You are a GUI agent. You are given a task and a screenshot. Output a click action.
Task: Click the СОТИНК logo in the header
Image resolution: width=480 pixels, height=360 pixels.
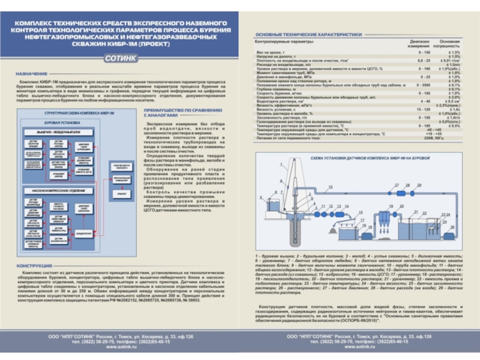pos(121,58)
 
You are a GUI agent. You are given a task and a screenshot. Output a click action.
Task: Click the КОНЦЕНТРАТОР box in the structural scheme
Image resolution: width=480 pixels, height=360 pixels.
pos(84,233)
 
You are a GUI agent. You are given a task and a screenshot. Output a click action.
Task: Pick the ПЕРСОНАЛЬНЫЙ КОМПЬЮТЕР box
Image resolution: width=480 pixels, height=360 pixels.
pos(122,180)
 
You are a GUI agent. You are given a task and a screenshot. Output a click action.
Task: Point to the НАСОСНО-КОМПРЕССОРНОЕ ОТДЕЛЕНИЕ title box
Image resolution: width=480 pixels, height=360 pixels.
pos(58,191)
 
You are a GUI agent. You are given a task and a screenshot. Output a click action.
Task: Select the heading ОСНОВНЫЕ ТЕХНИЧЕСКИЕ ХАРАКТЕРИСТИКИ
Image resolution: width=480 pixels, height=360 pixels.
pos(308,35)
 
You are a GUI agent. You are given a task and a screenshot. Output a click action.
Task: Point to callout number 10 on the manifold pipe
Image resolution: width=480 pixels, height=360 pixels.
pos(331,187)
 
